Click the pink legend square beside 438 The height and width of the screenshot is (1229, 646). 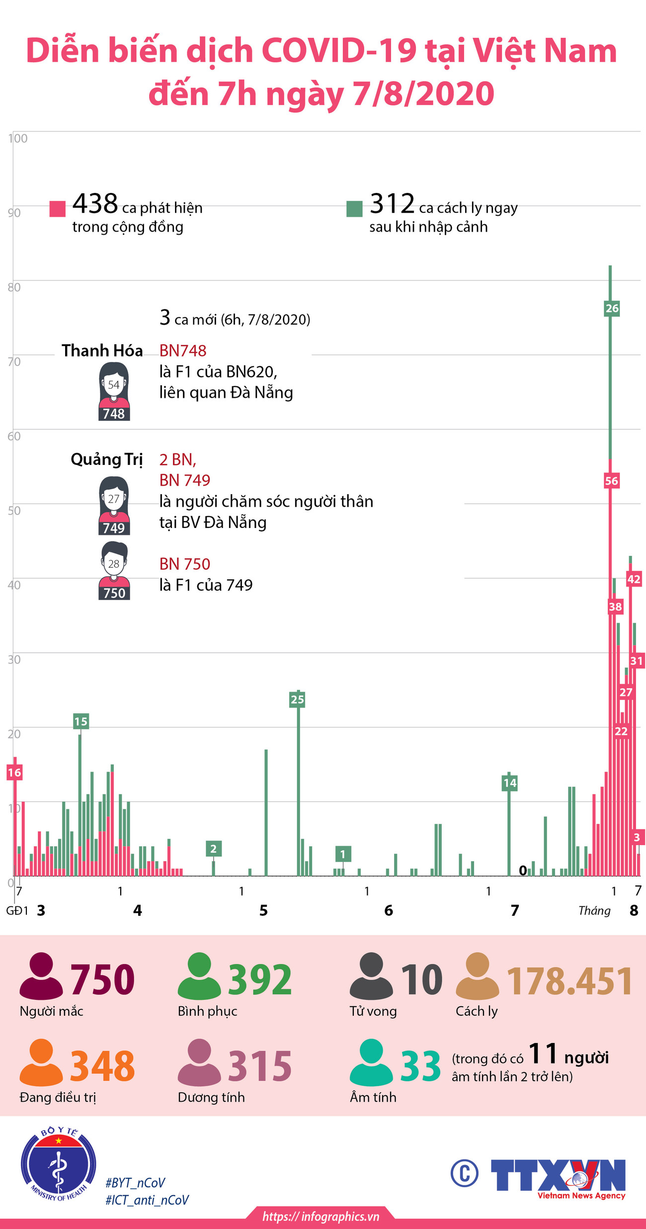(x=58, y=209)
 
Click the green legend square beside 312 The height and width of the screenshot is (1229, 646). (x=354, y=209)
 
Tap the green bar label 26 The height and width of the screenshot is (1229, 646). (x=612, y=308)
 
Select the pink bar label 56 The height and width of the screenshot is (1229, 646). (x=611, y=481)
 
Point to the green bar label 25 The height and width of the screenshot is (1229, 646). (x=297, y=700)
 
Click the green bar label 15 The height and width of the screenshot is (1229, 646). (x=81, y=721)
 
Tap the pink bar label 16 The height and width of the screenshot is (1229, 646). (x=14, y=772)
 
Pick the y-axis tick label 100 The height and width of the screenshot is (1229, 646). (x=18, y=139)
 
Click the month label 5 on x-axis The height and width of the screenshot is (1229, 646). (x=263, y=910)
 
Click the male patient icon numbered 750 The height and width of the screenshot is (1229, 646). (x=114, y=571)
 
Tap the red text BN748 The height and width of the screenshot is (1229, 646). (x=182, y=351)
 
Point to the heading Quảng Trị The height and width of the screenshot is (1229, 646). (x=106, y=459)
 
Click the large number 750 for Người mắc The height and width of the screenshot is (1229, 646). (x=102, y=979)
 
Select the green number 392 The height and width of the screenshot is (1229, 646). (x=260, y=979)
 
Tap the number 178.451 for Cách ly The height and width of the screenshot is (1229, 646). (x=569, y=981)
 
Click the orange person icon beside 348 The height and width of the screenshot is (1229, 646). (x=41, y=1062)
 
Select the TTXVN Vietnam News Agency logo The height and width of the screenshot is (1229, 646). (x=558, y=1178)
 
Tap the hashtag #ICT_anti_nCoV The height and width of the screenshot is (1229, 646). (x=147, y=1200)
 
